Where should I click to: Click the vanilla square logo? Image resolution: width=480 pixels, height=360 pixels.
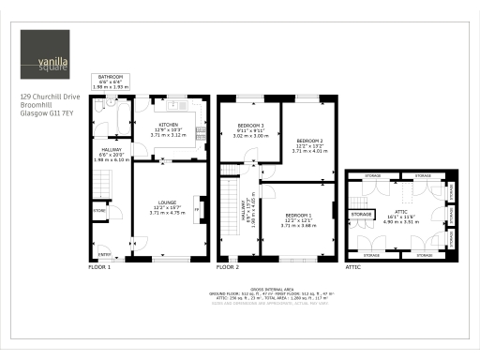[44, 55]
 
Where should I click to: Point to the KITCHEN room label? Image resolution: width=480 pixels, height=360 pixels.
[169, 129]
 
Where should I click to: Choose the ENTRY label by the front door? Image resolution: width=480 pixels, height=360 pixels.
[104, 253]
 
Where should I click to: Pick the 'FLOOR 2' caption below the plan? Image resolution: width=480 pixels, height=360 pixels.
[228, 267]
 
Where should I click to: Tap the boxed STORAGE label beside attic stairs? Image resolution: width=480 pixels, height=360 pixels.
[362, 215]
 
